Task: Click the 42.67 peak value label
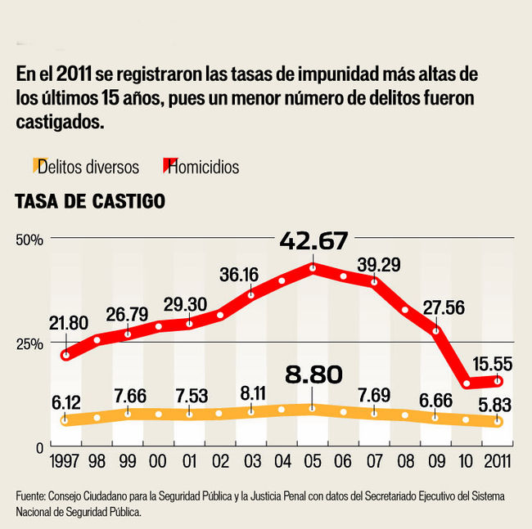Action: [313, 241]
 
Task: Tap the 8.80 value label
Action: [313, 375]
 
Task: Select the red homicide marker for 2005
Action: [313, 267]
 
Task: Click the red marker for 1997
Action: [65, 355]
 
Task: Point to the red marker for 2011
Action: [497, 381]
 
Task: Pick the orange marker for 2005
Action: [313, 408]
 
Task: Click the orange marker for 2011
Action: [497, 421]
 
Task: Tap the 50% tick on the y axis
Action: [29, 239]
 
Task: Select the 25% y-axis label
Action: [29, 343]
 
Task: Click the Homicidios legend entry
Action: [202, 167]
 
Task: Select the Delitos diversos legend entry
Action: [88, 167]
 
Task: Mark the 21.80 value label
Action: [68, 323]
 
